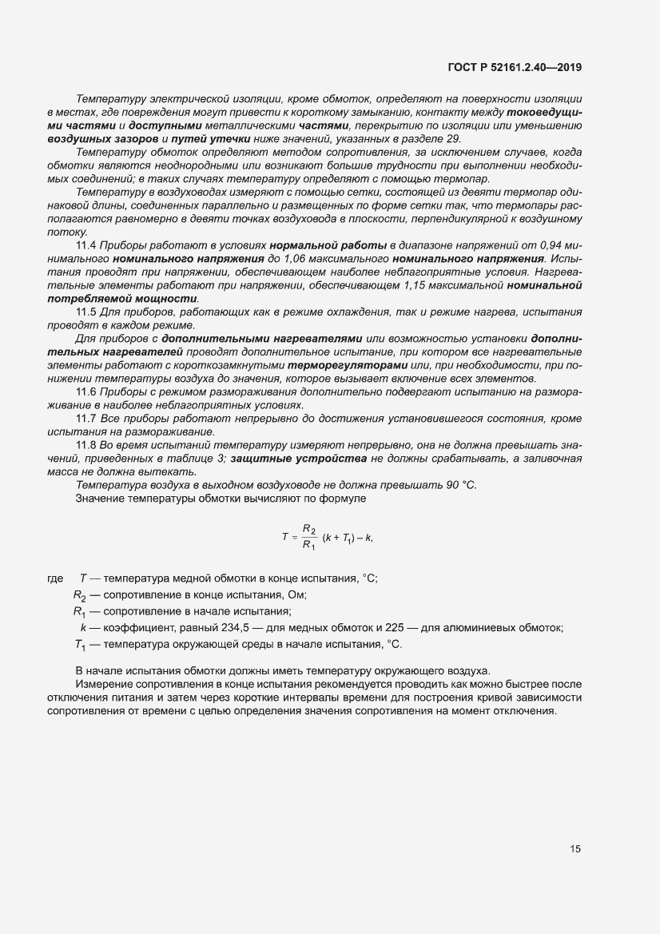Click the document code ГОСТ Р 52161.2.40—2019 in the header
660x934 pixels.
(x=514, y=68)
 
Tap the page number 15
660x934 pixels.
(x=575, y=849)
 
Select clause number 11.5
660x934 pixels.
(x=85, y=312)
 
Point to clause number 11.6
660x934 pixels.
(x=85, y=391)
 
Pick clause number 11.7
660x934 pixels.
(x=85, y=418)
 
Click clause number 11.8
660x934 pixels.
(x=85, y=444)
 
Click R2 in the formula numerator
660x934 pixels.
(x=309, y=528)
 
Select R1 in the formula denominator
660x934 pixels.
(x=309, y=546)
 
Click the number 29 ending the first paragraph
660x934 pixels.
(x=453, y=138)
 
